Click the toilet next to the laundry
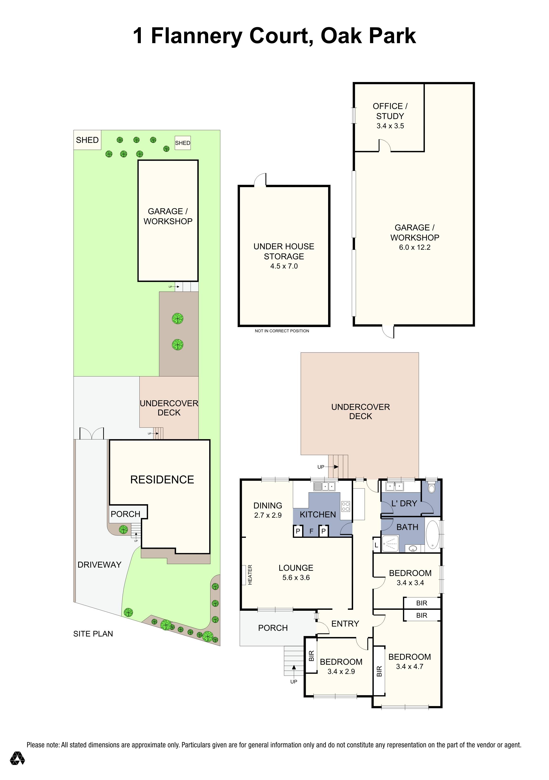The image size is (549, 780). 432,487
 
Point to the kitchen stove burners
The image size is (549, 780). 346,507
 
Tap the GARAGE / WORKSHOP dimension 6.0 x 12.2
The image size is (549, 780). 415,247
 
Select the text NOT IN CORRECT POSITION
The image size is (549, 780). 282,331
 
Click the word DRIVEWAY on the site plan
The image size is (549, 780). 99,564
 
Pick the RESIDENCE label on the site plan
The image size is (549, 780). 162,479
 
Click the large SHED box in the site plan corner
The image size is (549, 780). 87,140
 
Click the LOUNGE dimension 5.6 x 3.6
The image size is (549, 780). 296,578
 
